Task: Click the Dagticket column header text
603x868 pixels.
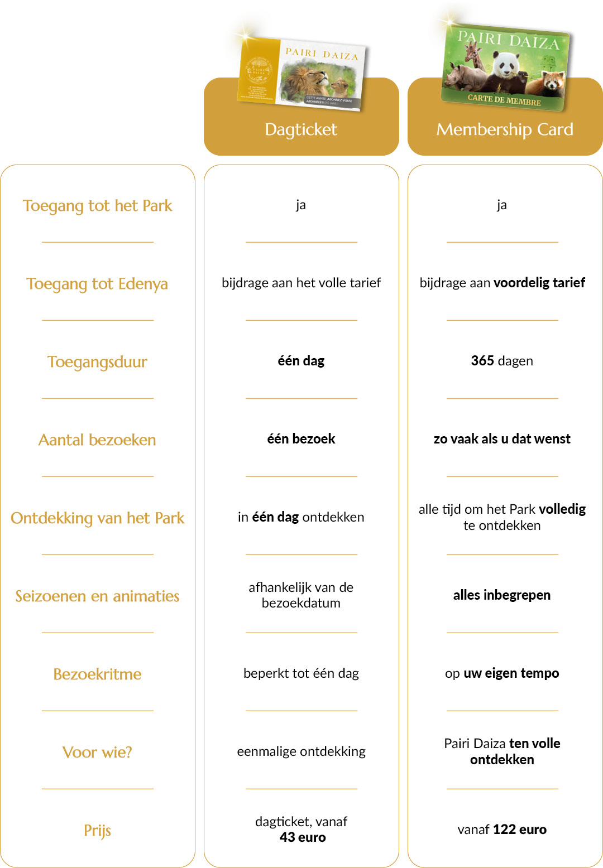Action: point(301,129)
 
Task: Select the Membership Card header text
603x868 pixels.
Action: point(505,129)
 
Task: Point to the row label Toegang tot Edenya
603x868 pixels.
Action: point(97,284)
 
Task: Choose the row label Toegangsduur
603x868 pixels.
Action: point(97,362)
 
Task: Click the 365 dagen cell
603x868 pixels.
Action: point(501,361)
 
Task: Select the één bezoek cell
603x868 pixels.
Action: point(301,439)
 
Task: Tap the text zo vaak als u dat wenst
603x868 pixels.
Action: point(501,439)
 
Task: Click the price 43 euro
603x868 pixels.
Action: point(303,837)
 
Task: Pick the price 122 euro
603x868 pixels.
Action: point(519,830)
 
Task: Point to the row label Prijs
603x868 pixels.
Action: point(97,831)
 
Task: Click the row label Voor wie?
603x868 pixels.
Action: point(97,753)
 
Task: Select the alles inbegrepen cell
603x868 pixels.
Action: point(501,595)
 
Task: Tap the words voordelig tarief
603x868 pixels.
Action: point(539,283)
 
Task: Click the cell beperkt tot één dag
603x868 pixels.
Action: point(301,673)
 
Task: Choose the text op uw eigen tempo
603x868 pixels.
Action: point(501,673)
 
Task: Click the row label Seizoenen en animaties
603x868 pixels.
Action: point(97,596)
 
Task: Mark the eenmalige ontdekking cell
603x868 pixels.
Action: point(301,751)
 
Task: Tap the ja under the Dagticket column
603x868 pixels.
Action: point(301,205)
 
